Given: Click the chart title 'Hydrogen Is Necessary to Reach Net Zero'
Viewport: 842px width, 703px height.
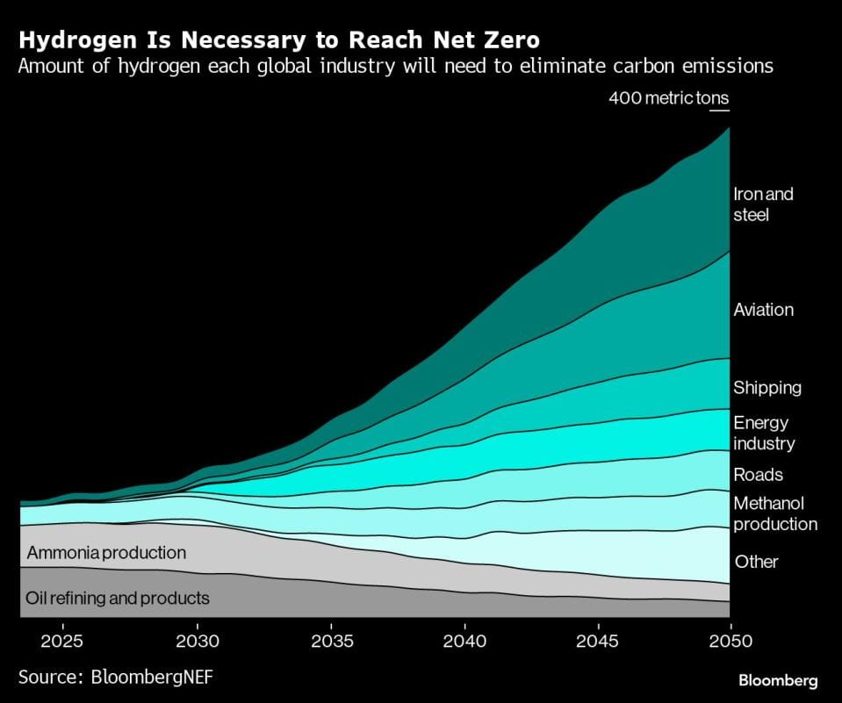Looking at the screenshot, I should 279,39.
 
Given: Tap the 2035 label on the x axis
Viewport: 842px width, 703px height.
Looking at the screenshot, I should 332,640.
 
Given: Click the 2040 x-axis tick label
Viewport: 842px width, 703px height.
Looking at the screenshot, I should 464,640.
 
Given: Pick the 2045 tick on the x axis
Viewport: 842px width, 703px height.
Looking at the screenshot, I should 598,640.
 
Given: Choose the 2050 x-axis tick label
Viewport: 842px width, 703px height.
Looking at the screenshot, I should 730,640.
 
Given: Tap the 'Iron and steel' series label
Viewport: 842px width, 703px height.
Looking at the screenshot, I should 762,204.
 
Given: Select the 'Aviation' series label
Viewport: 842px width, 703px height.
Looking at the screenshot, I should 763,310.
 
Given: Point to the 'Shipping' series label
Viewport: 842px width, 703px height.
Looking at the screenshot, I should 766,388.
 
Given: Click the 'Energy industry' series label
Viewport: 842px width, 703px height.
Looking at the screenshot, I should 763,433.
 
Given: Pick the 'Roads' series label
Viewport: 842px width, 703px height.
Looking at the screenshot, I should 758,475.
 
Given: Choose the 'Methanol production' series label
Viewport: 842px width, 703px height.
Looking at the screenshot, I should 774,513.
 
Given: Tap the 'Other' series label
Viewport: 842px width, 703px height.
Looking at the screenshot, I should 756,562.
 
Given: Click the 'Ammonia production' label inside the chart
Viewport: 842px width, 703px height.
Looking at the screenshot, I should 106,553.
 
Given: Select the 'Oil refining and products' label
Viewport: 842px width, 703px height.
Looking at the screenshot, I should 118,599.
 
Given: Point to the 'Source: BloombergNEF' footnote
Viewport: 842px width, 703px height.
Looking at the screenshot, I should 115,677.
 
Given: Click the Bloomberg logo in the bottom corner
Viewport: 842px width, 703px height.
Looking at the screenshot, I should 778,680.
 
